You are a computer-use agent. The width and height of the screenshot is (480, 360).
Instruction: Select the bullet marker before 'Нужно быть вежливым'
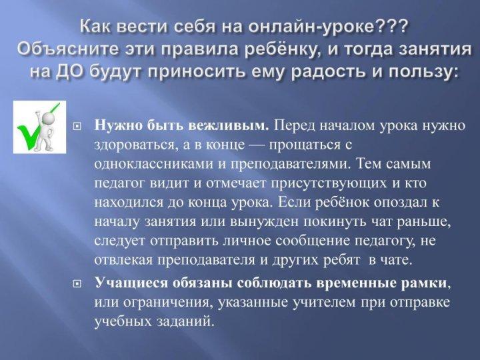point(77,126)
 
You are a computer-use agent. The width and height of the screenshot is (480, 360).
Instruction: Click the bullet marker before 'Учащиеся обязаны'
point(77,285)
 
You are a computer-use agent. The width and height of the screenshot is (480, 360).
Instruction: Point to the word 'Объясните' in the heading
point(67,49)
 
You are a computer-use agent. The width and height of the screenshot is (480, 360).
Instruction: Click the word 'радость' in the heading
point(330,71)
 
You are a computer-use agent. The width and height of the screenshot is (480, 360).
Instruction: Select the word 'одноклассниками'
point(153,164)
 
